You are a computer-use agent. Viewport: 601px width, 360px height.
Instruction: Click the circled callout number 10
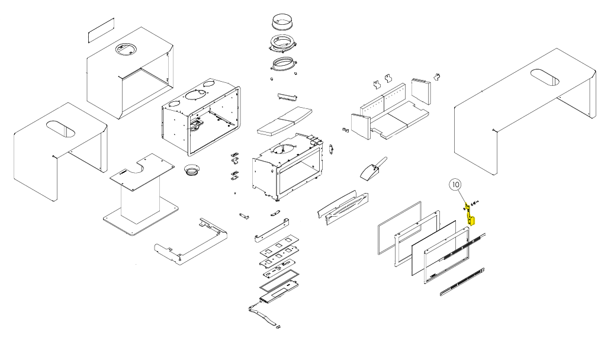(x=455, y=185)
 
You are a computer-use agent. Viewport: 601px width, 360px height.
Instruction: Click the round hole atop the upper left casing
(x=126, y=50)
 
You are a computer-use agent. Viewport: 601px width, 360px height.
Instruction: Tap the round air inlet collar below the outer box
(x=192, y=171)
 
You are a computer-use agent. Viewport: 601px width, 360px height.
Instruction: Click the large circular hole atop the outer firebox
(x=193, y=95)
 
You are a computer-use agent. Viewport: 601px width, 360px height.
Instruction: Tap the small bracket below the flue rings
(x=287, y=96)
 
